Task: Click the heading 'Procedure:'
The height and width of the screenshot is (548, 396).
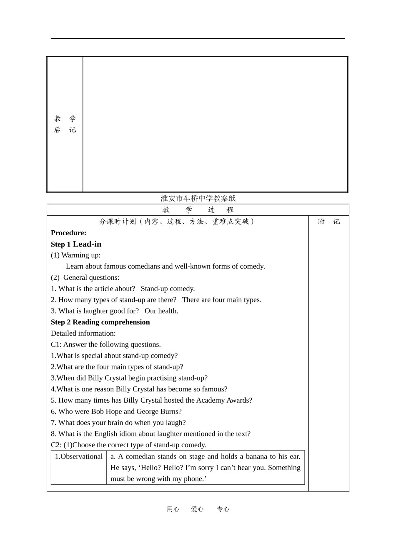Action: tap(68, 233)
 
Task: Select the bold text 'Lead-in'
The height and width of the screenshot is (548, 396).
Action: tap(87, 244)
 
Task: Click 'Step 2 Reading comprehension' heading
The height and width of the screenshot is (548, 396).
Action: tap(100, 322)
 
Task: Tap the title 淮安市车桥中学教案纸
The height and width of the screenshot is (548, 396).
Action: tap(198, 198)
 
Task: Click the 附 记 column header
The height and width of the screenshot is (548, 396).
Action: tap(329, 222)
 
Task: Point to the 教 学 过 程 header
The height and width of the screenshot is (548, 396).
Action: tap(198, 210)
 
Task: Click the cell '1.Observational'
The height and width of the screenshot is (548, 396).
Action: tap(79, 456)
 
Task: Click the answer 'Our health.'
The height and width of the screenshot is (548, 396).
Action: tap(161, 311)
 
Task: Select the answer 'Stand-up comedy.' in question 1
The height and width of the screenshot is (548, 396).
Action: tap(168, 289)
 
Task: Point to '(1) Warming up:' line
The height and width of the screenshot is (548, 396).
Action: tap(75, 255)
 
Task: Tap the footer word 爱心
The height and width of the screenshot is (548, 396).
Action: tap(197, 509)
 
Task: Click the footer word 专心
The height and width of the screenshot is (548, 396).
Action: tap(223, 509)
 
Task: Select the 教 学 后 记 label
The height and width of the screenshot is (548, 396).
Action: tap(65, 124)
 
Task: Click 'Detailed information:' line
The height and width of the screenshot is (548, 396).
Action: tap(83, 333)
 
